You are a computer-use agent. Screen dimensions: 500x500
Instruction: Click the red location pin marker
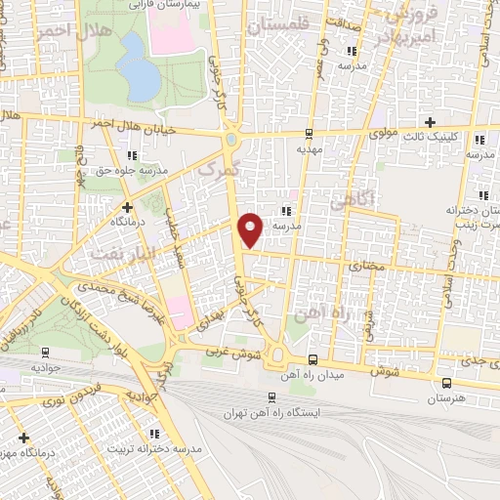point(251,230)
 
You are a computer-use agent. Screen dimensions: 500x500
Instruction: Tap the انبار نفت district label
point(117,253)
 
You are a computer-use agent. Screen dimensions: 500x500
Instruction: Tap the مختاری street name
point(364,265)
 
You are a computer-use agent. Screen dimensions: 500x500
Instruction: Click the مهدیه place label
point(310,150)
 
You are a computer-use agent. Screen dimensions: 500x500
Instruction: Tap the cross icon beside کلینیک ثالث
point(431,121)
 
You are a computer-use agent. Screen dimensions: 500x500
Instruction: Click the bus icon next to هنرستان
point(446,383)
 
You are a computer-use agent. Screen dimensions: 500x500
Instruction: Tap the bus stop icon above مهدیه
point(310,134)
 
